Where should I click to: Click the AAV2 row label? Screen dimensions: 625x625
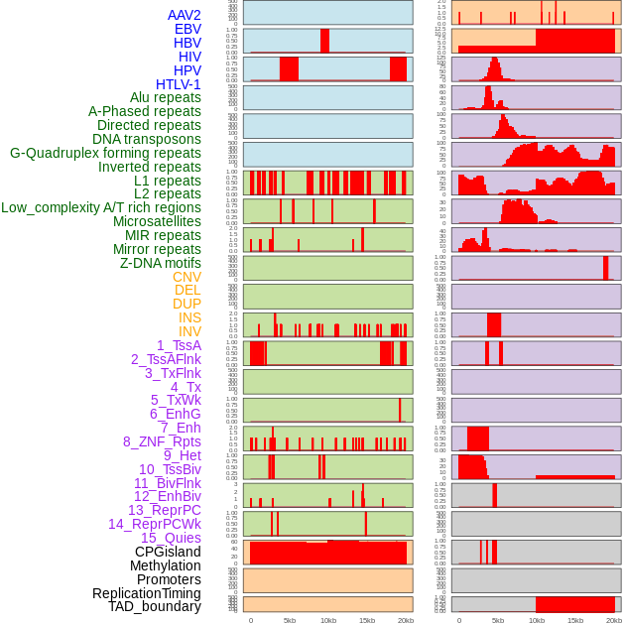184,15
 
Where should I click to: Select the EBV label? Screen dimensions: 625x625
187,29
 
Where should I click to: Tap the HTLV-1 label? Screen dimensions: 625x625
179,84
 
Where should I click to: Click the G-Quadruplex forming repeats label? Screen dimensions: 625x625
105,153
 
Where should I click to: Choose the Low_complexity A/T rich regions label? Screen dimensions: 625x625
101,207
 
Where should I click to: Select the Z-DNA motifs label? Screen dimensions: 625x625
160,263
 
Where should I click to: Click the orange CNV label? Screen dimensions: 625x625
187,277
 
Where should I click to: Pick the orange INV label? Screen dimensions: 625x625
189,331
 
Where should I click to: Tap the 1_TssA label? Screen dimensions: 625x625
179,345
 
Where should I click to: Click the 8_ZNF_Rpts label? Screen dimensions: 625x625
162,441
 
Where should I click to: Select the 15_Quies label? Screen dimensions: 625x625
171,538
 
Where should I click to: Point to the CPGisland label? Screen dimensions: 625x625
168,552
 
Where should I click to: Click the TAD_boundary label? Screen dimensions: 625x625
155,606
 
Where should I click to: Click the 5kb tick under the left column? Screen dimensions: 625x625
290,621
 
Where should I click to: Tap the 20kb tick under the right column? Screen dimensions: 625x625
614,621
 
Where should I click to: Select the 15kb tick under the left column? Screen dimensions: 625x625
367,621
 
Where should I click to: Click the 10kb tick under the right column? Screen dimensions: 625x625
536,621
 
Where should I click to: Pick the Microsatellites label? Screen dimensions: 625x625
157,221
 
